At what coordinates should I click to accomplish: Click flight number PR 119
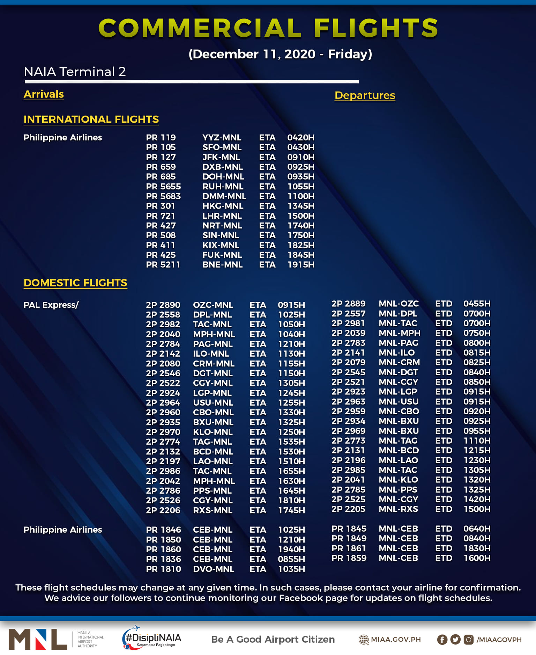161,138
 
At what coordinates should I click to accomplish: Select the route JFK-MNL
221,157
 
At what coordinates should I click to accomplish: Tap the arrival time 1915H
301,265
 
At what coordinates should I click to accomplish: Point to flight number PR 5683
163,196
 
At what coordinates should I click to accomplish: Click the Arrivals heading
44,94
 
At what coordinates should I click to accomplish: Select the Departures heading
365,95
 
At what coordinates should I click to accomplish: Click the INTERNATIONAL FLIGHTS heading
91,119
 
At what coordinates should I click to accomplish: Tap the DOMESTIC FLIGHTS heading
75,283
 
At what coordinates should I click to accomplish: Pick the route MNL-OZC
399,304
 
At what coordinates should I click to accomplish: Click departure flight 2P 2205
348,509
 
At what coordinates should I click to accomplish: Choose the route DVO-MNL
214,569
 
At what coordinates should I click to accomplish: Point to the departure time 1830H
477,548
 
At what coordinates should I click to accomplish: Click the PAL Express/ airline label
51,305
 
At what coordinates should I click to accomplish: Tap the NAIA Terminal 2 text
75,72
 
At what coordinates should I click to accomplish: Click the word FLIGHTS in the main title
376,28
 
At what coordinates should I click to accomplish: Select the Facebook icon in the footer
442,640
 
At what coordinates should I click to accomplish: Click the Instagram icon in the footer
468,640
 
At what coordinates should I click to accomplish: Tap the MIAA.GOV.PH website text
396,640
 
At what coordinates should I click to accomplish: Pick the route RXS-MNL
213,510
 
